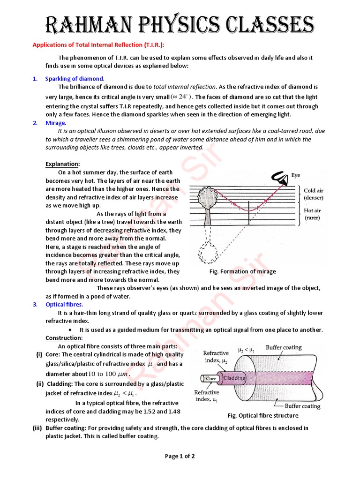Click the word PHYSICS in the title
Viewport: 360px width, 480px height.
coord(187,23)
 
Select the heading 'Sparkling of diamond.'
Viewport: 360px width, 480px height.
coord(75,78)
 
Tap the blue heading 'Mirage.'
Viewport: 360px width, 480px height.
coord(56,123)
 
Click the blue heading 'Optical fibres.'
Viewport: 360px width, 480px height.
coord(64,304)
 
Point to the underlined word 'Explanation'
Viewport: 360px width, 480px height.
coord(62,164)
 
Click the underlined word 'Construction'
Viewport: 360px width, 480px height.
coord(63,338)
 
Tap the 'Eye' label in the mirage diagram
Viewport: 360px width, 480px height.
coord(295,175)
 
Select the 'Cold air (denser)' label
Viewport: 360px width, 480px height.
coord(316,195)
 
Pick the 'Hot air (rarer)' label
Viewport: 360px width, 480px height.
coord(315,214)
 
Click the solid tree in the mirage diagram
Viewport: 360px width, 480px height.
coord(206,202)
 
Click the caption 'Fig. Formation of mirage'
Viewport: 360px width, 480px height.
coord(242,271)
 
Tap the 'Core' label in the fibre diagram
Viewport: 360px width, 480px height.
coord(212,378)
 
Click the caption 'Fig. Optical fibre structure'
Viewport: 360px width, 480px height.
coord(262,415)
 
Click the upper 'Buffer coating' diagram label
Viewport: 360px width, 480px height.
coord(284,348)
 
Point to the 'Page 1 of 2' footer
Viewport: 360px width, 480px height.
coord(180,456)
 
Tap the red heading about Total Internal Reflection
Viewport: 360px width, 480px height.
coord(98,45)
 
